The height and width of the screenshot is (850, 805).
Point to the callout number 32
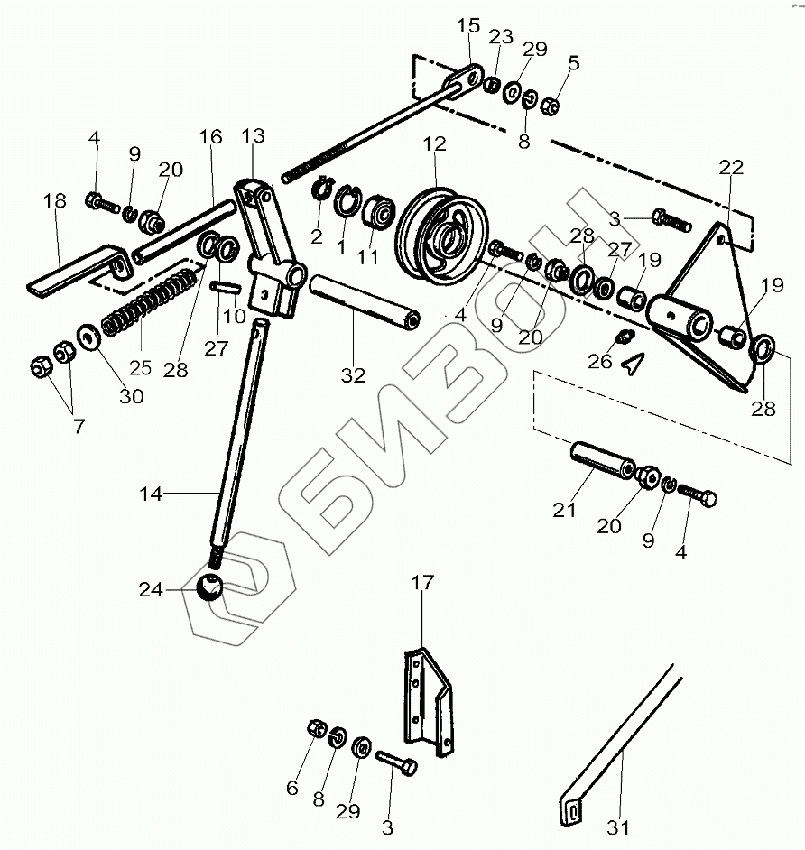[x=353, y=375]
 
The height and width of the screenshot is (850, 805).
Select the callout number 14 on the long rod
[x=152, y=494]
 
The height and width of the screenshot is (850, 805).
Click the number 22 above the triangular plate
[x=731, y=169]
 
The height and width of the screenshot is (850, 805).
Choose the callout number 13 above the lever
[x=254, y=136]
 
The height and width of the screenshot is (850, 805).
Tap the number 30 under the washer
[x=132, y=396]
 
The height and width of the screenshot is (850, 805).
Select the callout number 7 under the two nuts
[x=79, y=426]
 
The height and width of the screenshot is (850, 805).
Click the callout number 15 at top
[x=468, y=26]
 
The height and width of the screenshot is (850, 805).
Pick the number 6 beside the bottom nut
[x=291, y=787]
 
